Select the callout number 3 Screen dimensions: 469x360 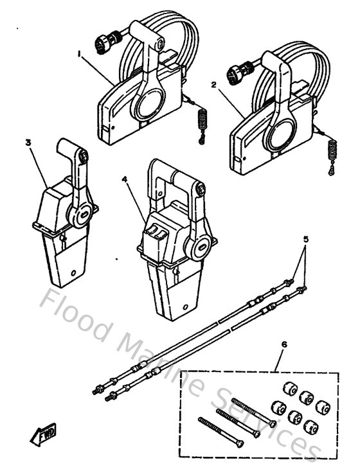click(28, 143)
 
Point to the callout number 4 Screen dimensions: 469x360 click(124, 181)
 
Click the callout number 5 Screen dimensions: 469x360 click(306, 239)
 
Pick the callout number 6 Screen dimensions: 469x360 click(283, 344)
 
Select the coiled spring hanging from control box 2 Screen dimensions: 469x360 click(333, 154)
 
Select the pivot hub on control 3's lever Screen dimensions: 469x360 click(82, 217)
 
